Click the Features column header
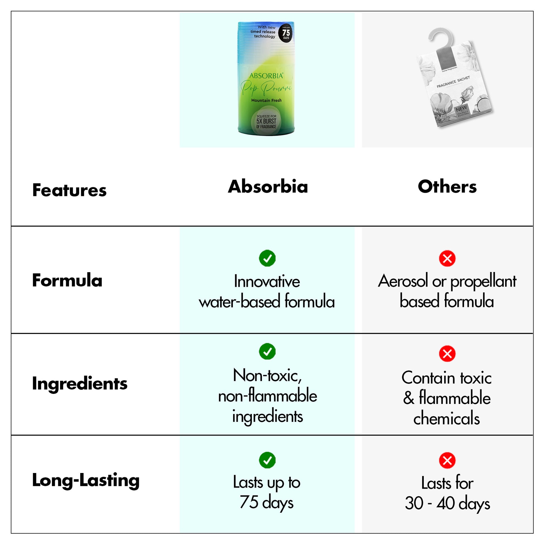coord(69,190)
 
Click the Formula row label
coord(67,280)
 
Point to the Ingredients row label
coord(80,384)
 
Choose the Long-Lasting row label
coord(86,480)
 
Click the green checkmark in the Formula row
coord(267,258)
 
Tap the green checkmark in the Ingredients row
coord(267,351)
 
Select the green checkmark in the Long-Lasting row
coord(267,460)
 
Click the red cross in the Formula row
coord(447,259)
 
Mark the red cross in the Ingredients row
coord(447,354)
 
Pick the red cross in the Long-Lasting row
coord(447,461)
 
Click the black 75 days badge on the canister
coord(286,33)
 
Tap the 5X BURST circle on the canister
coord(266,121)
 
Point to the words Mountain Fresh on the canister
coord(266,100)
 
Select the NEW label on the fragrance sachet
coord(461,109)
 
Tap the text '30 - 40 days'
coord(447,503)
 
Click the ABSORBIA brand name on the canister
coord(266,76)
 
